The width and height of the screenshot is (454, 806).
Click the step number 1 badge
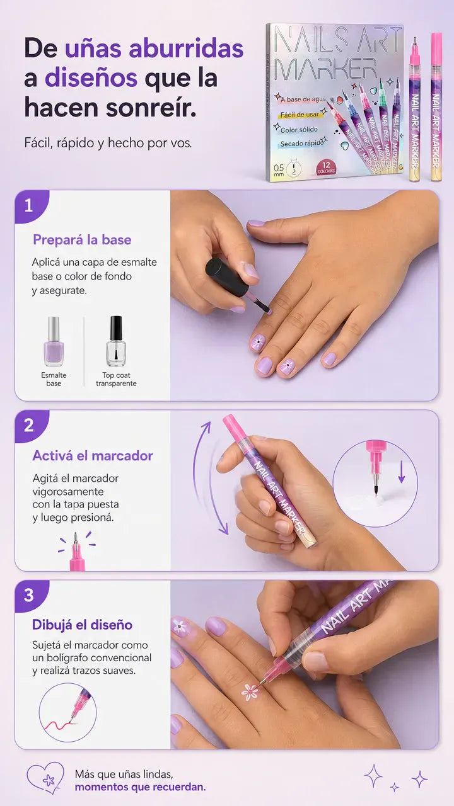tap(29, 206)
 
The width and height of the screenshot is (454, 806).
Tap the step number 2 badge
tap(29, 426)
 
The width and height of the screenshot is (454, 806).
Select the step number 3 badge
tap(29, 596)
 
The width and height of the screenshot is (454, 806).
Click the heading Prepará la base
tap(82, 240)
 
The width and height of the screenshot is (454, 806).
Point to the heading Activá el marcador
tap(93, 456)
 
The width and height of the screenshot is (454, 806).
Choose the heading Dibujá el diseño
tap(82, 625)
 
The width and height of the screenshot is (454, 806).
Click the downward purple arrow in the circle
tap(402, 472)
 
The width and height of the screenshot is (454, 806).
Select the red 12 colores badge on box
tap(326, 167)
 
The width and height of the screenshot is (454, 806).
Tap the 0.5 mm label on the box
tap(279, 170)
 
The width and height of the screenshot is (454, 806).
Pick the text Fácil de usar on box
tap(300, 115)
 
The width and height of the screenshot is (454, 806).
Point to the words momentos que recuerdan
tap(140, 787)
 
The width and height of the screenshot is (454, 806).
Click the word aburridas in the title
tap(186, 48)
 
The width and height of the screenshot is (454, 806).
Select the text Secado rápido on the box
tap(302, 144)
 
